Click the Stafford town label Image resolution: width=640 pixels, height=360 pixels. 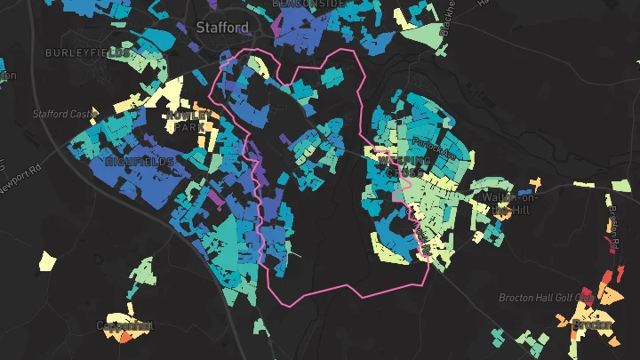(x=222, y=28)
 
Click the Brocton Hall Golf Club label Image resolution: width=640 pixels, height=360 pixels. (x=546, y=298)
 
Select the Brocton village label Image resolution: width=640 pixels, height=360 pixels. (x=592, y=325)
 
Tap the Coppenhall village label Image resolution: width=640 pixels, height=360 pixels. (x=124, y=326)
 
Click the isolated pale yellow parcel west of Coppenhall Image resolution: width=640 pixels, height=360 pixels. (x=47, y=261)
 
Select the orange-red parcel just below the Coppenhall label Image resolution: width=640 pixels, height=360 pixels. (x=125, y=337)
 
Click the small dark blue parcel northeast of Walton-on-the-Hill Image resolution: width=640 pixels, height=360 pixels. (x=524, y=191)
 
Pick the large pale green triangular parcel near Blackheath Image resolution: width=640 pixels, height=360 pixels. (x=426, y=36)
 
